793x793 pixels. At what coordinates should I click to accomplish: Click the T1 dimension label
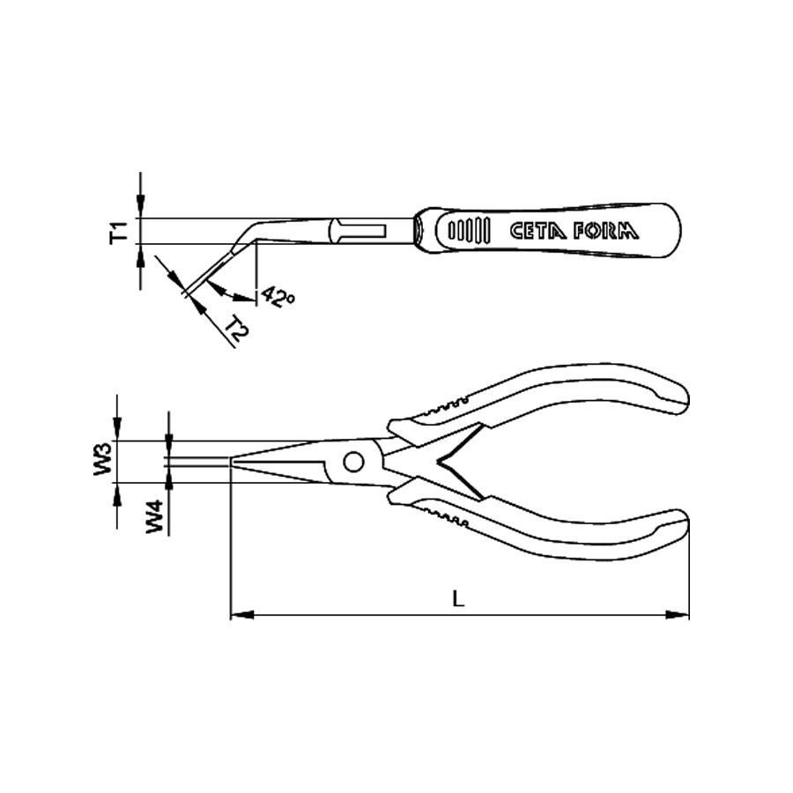point(119,232)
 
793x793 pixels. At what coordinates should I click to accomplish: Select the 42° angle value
point(278,297)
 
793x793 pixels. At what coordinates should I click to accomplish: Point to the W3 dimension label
point(103,459)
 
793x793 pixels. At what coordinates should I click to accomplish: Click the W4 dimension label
point(155,516)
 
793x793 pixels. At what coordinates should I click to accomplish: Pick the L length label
point(458,599)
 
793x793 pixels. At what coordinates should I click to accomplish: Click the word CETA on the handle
point(537,231)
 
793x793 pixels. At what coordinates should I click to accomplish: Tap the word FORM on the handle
point(606,231)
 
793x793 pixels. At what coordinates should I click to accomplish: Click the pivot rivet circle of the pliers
point(353,462)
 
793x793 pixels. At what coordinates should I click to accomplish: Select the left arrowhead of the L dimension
point(241,615)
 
